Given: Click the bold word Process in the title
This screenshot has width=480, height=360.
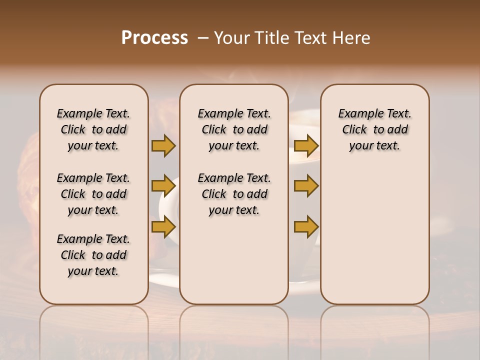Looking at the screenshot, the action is click(154, 38).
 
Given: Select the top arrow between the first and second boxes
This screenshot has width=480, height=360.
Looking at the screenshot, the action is click(163, 145).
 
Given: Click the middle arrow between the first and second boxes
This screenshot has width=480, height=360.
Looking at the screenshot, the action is click(163, 186).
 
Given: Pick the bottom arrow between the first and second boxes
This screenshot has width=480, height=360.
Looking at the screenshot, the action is click(163, 227).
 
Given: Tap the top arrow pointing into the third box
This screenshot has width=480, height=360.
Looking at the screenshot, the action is click(306, 145).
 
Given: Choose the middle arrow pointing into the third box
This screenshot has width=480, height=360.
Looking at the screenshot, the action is click(306, 186).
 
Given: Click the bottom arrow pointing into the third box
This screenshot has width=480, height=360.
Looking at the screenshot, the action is click(306, 227).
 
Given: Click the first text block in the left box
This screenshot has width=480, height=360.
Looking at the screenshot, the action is click(93, 129).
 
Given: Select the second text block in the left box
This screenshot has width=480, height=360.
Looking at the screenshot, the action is click(93, 194).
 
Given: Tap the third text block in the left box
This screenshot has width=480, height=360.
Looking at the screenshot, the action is click(93, 255).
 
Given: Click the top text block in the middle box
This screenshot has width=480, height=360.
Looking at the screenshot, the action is click(234, 129).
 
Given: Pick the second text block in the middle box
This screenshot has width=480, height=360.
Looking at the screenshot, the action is click(234, 194).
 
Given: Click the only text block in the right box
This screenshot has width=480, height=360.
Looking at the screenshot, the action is click(374, 129).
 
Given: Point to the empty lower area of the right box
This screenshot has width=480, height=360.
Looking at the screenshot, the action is click(374, 235).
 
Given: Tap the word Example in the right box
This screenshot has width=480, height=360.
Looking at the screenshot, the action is click(357, 114).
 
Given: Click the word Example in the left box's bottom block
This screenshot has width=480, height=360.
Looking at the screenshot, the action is click(76, 239).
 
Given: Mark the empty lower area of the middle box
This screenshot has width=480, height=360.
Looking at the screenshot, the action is click(234, 260).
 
